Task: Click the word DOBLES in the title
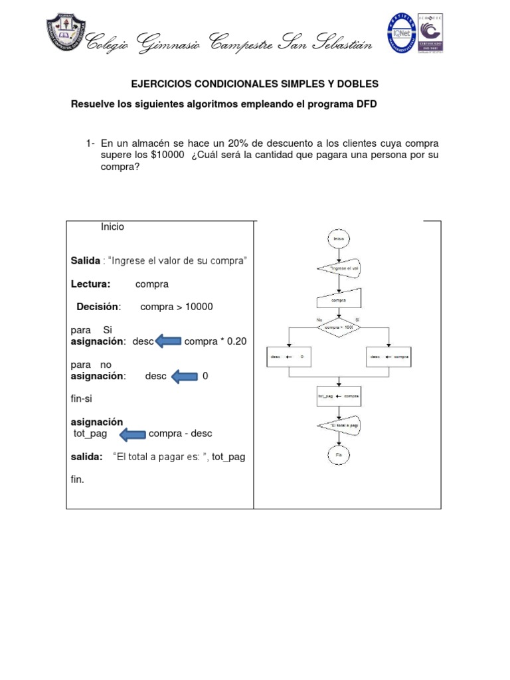[x=355, y=84]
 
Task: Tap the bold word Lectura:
[x=90, y=284]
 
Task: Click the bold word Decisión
[x=98, y=307]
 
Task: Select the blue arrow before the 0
[x=185, y=377]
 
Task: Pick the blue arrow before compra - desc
[x=132, y=434]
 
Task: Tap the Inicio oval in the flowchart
[x=339, y=239]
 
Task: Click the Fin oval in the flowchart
[x=339, y=455]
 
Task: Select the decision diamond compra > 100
[x=339, y=327]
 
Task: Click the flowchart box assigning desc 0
[x=288, y=357]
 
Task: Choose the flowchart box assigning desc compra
[x=389, y=357]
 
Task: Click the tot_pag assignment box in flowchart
[x=339, y=396]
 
